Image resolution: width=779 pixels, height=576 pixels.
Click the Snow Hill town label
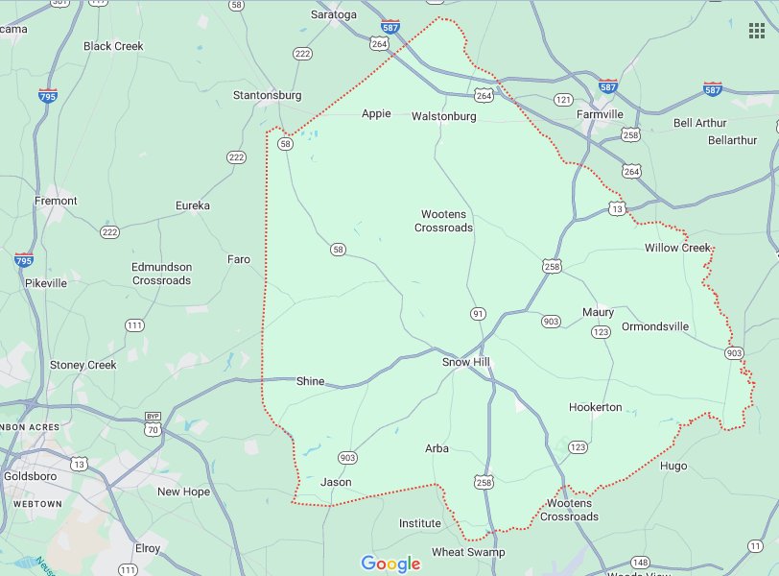pos(466,362)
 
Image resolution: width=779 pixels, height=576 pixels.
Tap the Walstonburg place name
pos(443,116)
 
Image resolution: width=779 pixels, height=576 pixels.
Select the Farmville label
pos(600,114)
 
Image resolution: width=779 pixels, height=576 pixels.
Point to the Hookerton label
pos(595,407)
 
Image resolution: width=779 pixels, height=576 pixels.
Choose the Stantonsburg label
pos(267,95)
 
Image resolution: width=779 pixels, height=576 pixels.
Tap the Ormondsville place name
pos(655,326)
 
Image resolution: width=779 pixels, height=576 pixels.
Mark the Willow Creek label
pos(676,248)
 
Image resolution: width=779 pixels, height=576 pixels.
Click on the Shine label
pos(311,381)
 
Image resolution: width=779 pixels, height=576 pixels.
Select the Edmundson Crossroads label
pos(162,274)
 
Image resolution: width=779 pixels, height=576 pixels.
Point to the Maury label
pos(598,312)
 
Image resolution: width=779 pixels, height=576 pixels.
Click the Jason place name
pos(336,482)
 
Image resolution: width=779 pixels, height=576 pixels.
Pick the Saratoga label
pos(334,15)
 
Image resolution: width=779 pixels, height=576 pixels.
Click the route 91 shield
pos(478,314)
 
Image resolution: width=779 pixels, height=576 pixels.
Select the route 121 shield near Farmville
pos(563,100)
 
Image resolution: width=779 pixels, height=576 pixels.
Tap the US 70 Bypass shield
pos(153,421)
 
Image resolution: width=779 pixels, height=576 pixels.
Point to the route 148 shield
pos(640,562)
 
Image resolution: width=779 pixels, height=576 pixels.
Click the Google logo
pos(390,564)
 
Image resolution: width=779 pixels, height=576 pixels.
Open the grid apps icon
pos(757,30)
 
